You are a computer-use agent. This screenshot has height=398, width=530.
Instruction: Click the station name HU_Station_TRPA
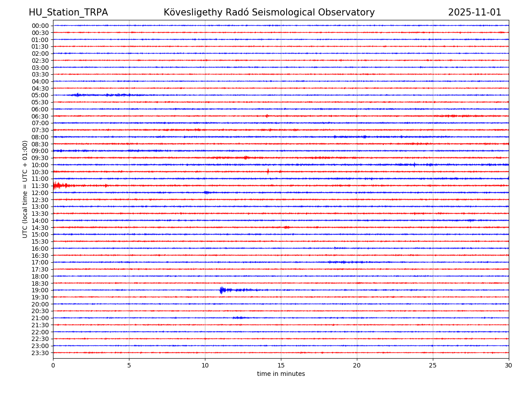[x=68, y=12]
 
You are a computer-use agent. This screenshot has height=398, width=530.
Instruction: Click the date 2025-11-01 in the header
[x=474, y=12]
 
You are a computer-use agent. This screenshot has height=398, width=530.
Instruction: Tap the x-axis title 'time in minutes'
[x=281, y=374]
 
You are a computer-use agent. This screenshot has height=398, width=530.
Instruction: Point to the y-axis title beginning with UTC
[x=25, y=189]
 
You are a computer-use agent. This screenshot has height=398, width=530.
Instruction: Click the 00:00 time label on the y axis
[x=40, y=26]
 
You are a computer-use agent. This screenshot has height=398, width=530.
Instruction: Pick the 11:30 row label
[x=40, y=186]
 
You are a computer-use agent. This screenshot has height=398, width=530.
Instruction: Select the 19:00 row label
[x=40, y=290]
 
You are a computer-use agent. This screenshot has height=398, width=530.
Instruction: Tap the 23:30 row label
[x=40, y=353]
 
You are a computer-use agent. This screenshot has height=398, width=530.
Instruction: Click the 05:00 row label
[x=40, y=95]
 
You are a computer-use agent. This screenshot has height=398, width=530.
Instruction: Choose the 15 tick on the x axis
[x=281, y=365]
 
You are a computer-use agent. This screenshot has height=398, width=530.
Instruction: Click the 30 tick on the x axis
[x=509, y=365]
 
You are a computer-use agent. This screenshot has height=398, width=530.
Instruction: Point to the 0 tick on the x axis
[x=53, y=365]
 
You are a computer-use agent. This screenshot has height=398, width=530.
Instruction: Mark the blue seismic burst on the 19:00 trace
[x=223, y=290]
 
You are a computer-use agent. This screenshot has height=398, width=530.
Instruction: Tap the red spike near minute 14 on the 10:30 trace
[x=268, y=172]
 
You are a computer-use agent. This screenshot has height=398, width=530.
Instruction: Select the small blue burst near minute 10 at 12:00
[x=206, y=192]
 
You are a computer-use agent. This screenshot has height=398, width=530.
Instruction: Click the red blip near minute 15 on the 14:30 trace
[x=287, y=227]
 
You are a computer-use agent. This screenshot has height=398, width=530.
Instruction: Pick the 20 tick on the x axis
[x=357, y=365]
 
